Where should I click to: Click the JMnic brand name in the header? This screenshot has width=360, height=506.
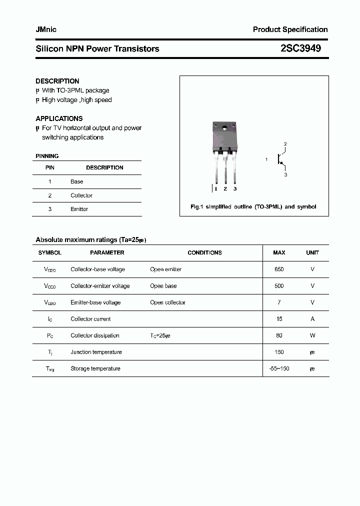pos(46,29)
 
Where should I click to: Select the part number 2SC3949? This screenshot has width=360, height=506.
pos(300,48)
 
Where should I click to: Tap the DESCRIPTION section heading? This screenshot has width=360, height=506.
pos(57,81)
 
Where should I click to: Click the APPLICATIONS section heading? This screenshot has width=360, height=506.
pos(59,118)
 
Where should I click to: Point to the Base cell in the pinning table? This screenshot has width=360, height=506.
pos(77,181)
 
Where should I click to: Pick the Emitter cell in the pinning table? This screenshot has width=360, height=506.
pos(79,209)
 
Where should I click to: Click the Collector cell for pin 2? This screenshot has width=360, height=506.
pos(81,195)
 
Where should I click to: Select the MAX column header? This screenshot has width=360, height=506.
pos(279,252)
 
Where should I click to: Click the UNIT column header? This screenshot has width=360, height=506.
pos(312,252)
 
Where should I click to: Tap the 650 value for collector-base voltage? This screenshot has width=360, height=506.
pos(279,269)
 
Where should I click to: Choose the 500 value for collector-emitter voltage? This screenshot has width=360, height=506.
pos(279,286)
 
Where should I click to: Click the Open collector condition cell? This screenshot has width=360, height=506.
pos(167,302)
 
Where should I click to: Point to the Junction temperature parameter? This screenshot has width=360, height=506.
pos(96,352)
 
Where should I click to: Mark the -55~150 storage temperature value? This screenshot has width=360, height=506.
pos(279,368)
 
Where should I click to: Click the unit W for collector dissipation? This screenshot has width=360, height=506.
pos(312,335)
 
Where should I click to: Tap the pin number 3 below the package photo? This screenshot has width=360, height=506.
pos(235,188)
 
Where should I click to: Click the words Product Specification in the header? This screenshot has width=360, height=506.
pos(290,29)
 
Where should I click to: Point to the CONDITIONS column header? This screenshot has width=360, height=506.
pos(204,252)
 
